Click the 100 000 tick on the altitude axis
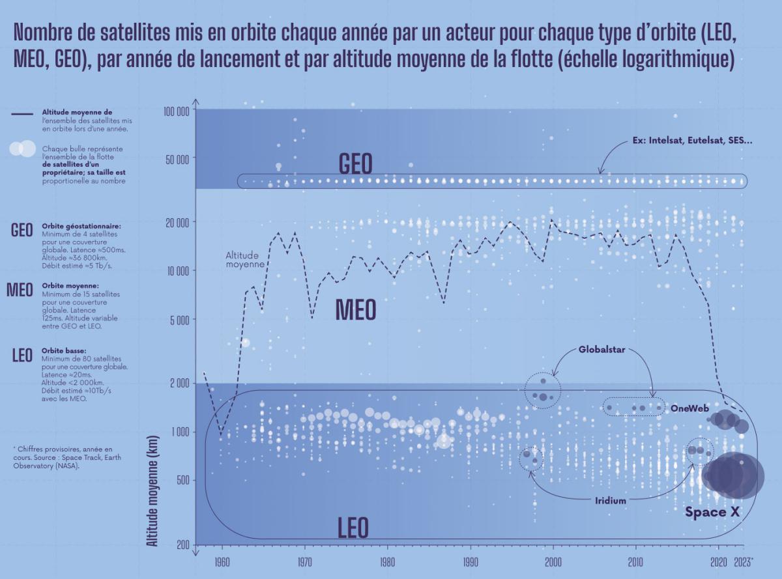pyautogui.click(x=175, y=111)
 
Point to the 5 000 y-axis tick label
pyautogui.click(x=179, y=320)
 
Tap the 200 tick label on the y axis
pyautogui.click(x=182, y=545)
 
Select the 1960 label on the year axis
pyautogui.click(x=222, y=561)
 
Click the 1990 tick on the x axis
pyautogui.click(x=471, y=561)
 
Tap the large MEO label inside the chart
pyautogui.click(x=356, y=310)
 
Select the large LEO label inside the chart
pyautogui.click(x=353, y=527)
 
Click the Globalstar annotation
pyautogui.click(x=601, y=350)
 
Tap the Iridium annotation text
pyautogui.click(x=610, y=501)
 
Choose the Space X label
pyautogui.click(x=713, y=513)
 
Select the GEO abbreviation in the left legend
pyautogui.click(x=22, y=231)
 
